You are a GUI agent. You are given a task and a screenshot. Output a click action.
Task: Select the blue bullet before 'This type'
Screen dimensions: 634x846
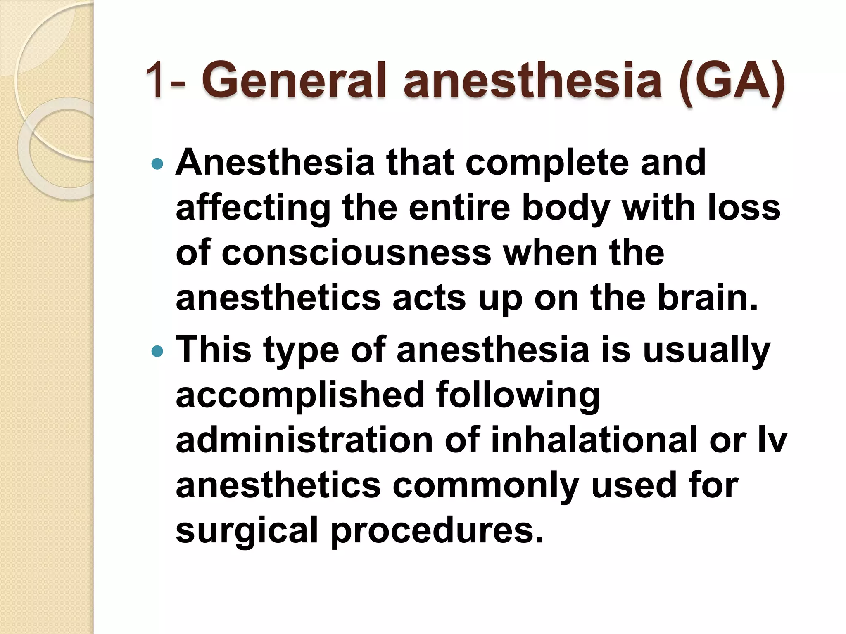pyautogui.click(x=157, y=352)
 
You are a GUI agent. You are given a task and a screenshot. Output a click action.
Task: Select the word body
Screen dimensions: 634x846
pyautogui.click(x=566, y=208)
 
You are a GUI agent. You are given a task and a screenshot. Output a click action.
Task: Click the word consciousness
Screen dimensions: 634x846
pyautogui.click(x=356, y=253)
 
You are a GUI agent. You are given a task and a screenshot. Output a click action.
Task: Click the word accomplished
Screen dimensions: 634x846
pyautogui.click(x=300, y=395)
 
